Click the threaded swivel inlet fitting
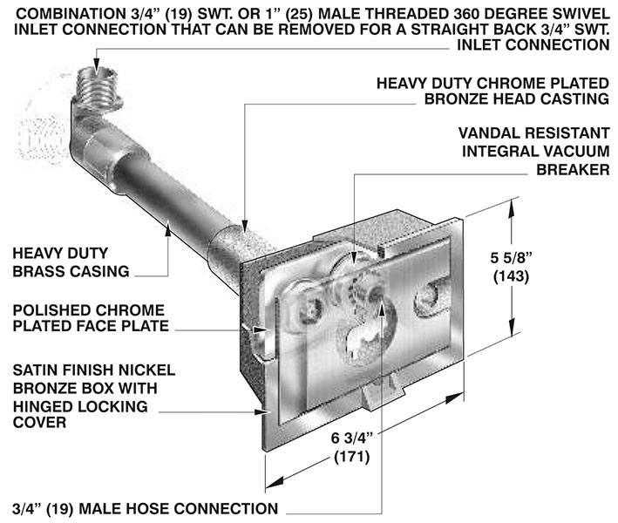(x=98, y=83)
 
